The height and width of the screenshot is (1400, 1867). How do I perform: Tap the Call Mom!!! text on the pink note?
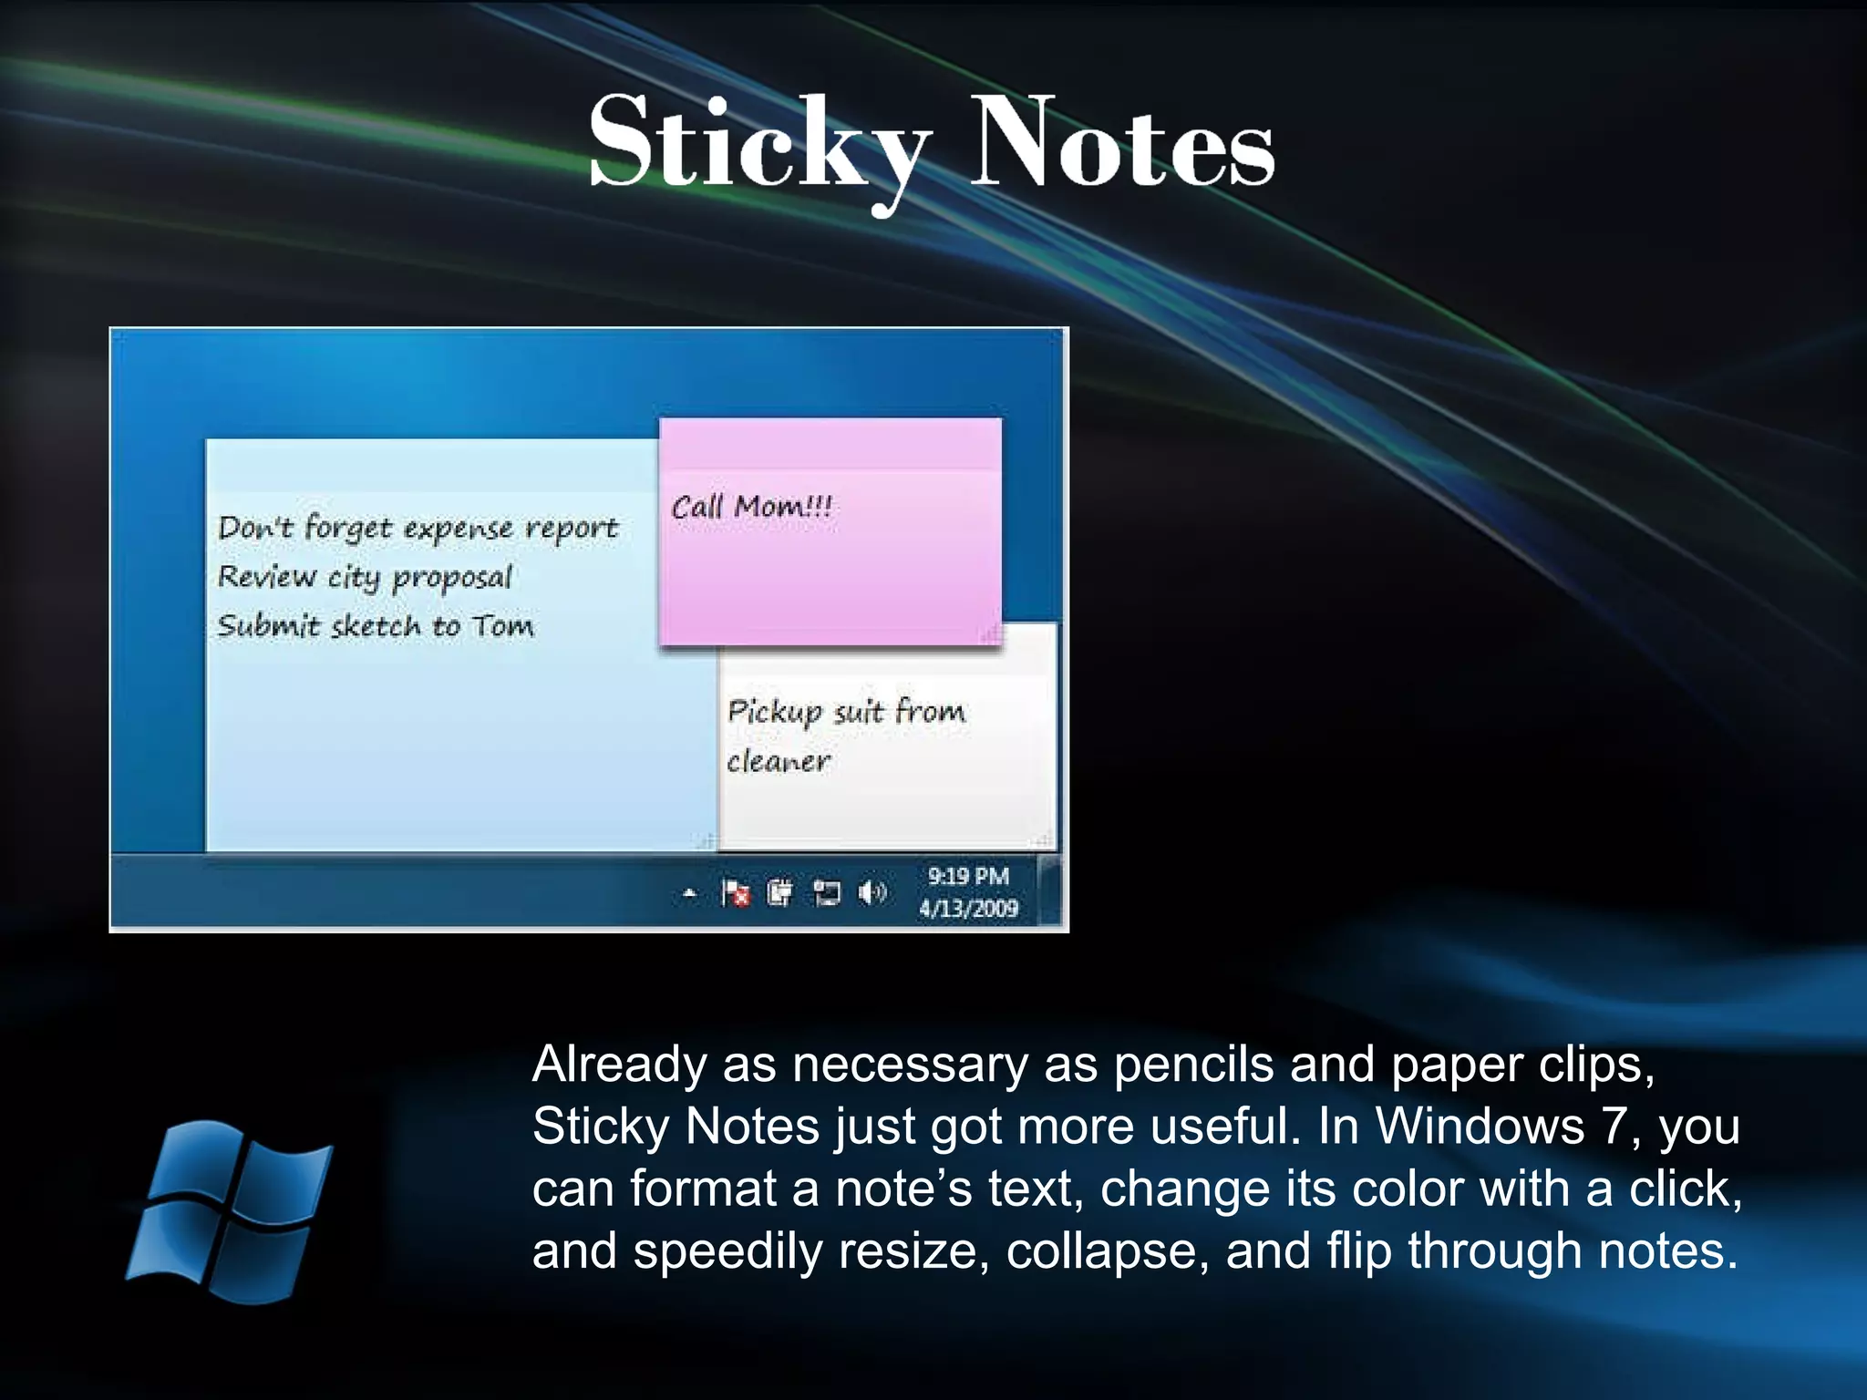(751, 507)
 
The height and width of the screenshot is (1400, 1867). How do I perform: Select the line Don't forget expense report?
(418, 529)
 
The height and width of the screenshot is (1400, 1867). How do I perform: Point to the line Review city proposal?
(365, 578)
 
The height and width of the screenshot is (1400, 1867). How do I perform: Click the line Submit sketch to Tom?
(376, 626)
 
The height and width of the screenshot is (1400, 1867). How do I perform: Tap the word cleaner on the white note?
(778, 761)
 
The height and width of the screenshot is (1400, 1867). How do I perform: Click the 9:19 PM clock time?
(968, 876)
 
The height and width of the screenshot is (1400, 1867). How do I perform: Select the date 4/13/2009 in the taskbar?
(968, 908)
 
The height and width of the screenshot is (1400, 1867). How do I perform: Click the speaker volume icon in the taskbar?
(872, 892)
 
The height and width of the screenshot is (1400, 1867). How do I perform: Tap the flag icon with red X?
(735, 892)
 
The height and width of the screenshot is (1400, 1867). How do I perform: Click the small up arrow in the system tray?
(690, 894)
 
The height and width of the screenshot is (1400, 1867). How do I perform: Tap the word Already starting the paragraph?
(619, 1065)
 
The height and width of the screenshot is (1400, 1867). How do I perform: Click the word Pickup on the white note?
(775, 712)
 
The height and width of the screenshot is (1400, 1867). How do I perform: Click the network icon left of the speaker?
(826, 892)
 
